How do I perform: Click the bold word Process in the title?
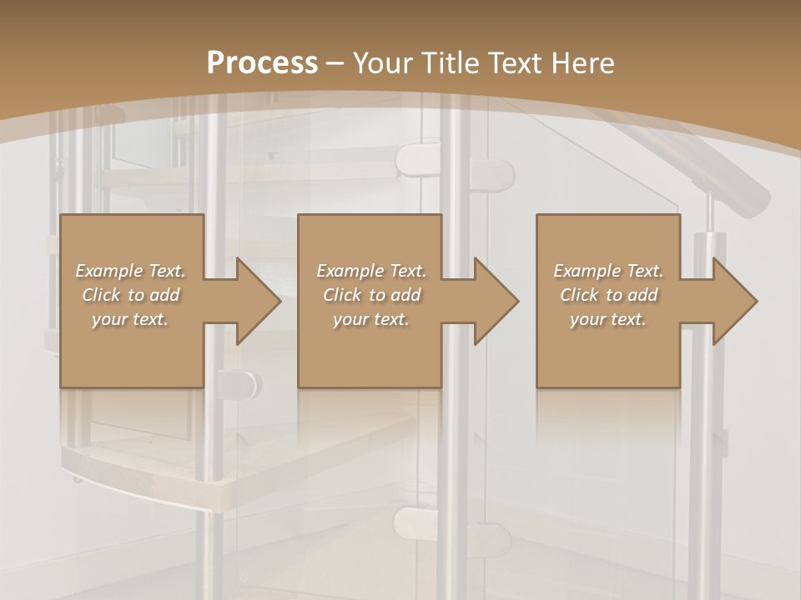[x=262, y=63]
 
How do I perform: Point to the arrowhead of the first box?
[x=258, y=301]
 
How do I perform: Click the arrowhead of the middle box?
[x=496, y=301]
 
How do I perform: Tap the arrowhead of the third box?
[x=734, y=301]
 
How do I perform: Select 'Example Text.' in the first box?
[x=131, y=271]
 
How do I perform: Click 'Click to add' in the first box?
[x=131, y=295]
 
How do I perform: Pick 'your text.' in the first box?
[x=131, y=319]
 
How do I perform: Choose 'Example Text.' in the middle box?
[x=371, y=271]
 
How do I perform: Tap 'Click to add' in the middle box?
[x=371, y=295]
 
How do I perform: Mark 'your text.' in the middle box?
[x=371, y=319]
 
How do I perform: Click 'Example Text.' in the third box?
[x=608, y=271]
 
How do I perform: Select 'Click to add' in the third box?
[x=608, y=295]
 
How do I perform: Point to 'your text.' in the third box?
[x=608, y=319]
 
